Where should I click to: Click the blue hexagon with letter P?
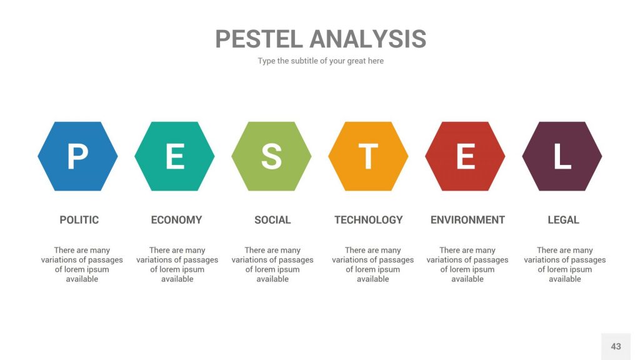77,156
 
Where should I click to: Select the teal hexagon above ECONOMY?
175,156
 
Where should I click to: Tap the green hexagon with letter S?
271,156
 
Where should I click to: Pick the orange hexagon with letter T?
368,156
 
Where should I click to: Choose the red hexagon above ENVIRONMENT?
465,156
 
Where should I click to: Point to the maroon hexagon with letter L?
562,156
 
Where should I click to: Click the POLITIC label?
79,220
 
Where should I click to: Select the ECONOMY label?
176,220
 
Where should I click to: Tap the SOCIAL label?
272,220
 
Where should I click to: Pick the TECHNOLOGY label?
369,220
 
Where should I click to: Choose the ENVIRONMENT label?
467,220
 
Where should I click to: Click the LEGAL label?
563,220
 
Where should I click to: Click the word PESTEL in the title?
259,39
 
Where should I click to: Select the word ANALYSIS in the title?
367,39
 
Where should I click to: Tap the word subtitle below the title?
304,61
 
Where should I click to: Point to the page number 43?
616,346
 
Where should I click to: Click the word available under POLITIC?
82,279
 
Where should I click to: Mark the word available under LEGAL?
565,279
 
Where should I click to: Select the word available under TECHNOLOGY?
373,279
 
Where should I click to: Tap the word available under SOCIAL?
272,279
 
